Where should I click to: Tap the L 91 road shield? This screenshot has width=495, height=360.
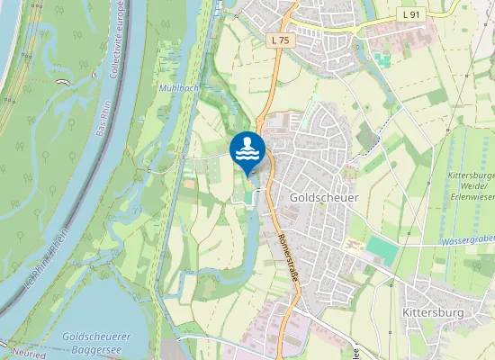tap(411, 15)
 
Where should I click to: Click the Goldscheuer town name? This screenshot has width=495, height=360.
tap(318, 197)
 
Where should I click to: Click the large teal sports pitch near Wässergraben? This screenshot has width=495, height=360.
tap(382, 249)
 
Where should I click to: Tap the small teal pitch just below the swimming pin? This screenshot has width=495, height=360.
tap(247, 196)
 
